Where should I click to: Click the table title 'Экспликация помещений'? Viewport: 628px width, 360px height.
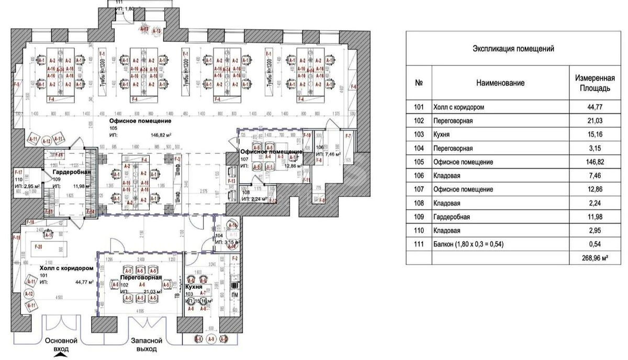coord(513,49)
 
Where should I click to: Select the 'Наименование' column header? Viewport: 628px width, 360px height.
coord(500,83)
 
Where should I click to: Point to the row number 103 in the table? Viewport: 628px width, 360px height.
coord(419,134)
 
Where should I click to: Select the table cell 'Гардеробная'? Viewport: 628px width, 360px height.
coord(451,217)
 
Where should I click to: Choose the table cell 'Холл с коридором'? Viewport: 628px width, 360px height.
coord(458,107)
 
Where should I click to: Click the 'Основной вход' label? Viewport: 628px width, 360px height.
coord(61,344)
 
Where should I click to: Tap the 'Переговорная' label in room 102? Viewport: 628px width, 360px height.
coord(141,278)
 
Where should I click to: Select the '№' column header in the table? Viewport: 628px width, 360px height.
coord(419,83)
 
